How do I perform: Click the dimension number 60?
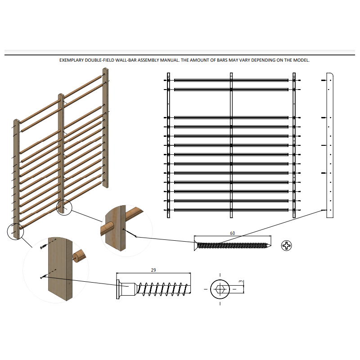[x=232, y=233]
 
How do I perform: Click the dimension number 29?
[x=153, y=270]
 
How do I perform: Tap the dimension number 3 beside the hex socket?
[x=241, y=282]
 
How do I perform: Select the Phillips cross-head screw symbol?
[x=286, y=246]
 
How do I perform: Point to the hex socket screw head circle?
[x=220, y=289]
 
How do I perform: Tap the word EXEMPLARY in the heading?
[x=72, y=60]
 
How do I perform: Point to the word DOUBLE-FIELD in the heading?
[x=99, y=60]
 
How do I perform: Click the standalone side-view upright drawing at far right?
[x=330, y=145]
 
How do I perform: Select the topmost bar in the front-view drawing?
[x=231, y=81]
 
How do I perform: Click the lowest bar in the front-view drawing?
[x=231, y=210]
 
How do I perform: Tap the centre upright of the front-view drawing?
[x=231, y=145]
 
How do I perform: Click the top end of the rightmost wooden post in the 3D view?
[x=105, y=69]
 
